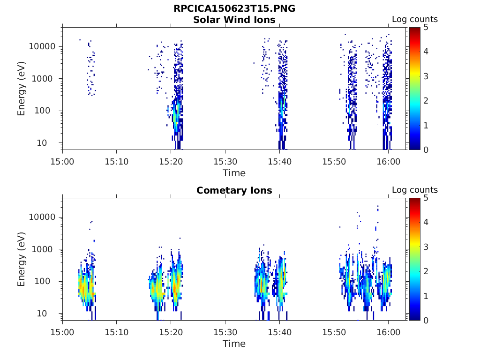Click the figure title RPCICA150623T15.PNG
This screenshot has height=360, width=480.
[x=234, y=9]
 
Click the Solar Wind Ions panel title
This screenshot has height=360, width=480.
[x=234, y=20]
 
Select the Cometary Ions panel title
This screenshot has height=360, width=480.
[x=234, y=190]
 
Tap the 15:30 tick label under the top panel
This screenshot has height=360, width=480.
[x=225, y=161]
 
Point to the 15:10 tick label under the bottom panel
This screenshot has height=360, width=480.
[x=117, y=332]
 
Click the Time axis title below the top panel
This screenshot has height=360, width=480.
[x=234, y=173]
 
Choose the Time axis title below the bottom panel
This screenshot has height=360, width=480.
[x=234, y=344]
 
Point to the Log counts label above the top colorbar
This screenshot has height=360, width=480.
[x=415, y=20]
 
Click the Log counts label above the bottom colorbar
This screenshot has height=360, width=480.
[x=415, y=190]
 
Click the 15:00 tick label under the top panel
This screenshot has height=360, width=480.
[x=63, y=161]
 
